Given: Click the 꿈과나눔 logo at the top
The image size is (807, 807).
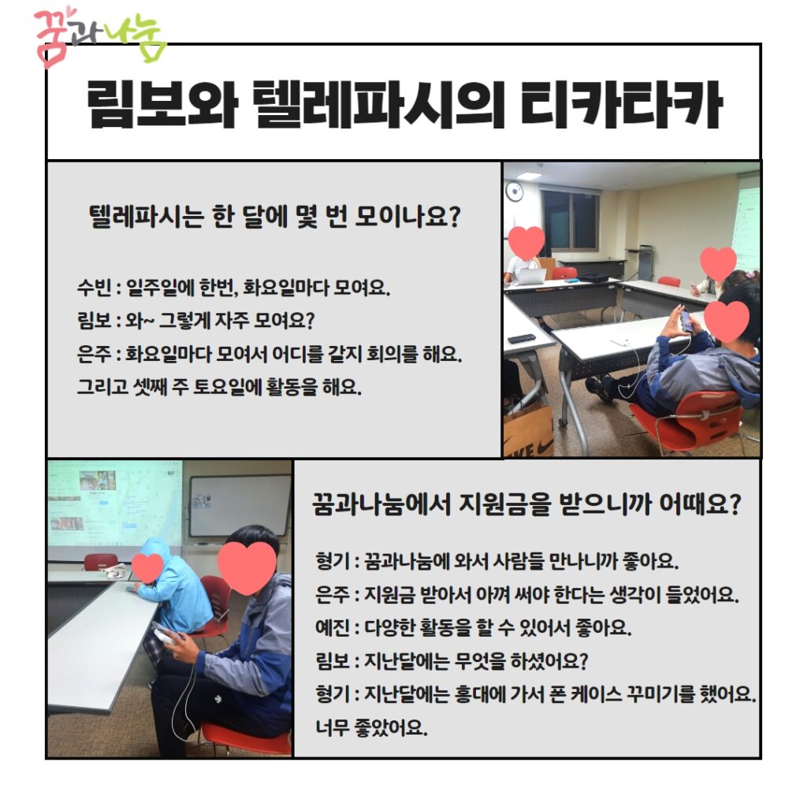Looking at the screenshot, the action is pos(100,37).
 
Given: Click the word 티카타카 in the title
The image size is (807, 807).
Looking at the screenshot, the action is pos(622,105).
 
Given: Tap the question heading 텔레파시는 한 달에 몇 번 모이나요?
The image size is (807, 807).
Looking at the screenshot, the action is pos(274,217).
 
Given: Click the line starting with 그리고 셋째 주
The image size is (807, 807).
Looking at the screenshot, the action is pos(219,386).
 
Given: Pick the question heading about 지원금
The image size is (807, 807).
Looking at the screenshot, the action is pos(526,504).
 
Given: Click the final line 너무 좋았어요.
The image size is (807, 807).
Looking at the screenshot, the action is pos(371,727).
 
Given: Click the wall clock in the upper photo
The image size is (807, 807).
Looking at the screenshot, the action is pos(514,192).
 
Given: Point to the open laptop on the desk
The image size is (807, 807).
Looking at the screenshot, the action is pos(530,277).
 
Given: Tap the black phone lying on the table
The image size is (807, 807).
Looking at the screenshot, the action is pos(522,339).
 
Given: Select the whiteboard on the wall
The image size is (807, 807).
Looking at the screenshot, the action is pos(240,507).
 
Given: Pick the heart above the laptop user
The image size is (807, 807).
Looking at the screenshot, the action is pos(526,243).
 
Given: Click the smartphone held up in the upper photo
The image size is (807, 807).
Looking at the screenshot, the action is pos(686,321).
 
